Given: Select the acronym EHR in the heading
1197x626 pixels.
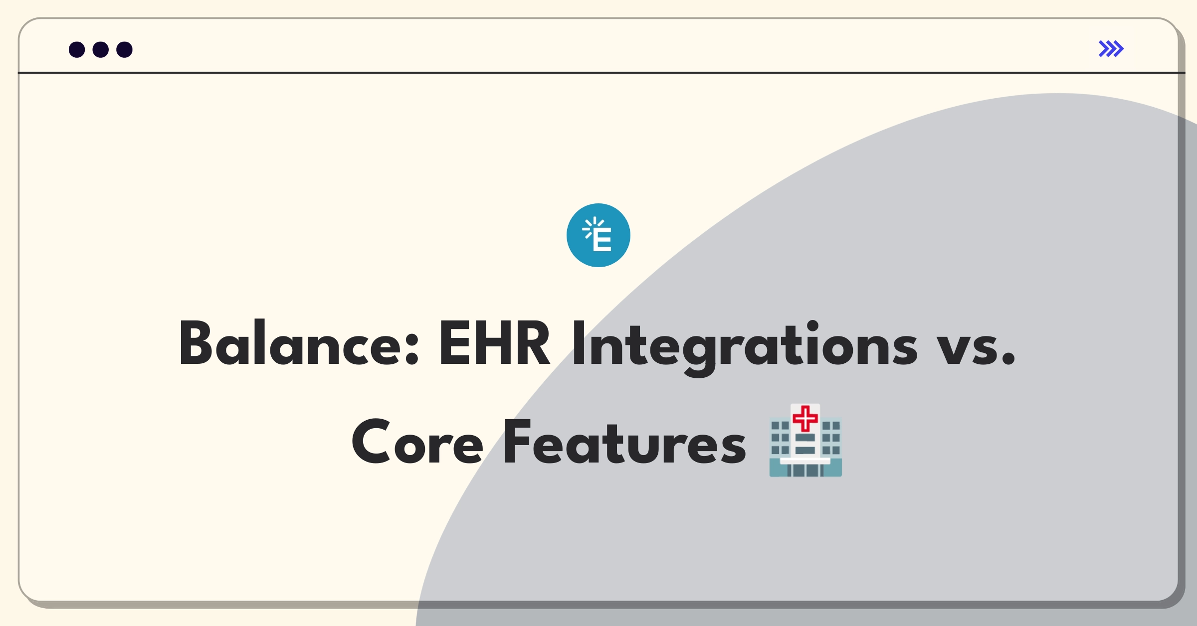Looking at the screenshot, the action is coord(494,343).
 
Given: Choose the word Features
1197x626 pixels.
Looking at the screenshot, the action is coord(625,442).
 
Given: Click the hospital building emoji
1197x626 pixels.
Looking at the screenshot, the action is coord(805,440).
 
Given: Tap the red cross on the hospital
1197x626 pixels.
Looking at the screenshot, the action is coord(805,418).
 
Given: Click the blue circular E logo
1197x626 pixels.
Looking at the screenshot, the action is coord(598,235).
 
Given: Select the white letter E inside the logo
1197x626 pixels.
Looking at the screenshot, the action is coord(602,241).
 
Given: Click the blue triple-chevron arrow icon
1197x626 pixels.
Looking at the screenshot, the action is coord(1111,49).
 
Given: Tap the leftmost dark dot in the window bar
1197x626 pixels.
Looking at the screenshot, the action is coord(77,50).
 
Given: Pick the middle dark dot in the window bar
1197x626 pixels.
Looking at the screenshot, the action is coord(101,50).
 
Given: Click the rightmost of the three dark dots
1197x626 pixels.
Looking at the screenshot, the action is coord(125,50).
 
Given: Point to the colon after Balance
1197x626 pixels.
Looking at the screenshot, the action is coord(412,350).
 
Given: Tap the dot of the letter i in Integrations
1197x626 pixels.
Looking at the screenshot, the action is coord(813,326).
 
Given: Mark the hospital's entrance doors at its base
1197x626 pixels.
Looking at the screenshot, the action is coord(805,470).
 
